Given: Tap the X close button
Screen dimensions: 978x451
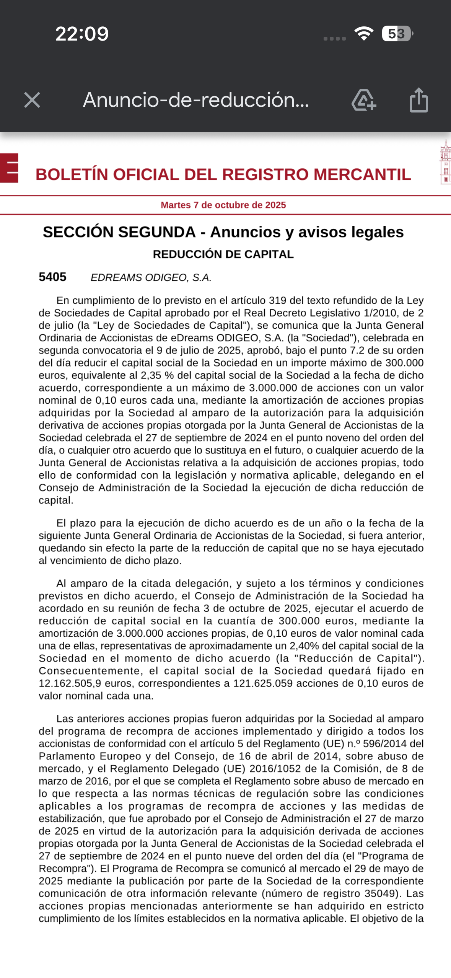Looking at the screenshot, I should pos(32,100).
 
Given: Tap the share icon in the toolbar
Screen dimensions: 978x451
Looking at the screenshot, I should pos(418,100).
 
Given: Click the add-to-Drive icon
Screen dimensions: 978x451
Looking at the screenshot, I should pos(363,100).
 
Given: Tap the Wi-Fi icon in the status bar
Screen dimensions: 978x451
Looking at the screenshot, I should pos(364,34).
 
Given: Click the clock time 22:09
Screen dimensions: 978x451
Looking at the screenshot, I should pos(82,34).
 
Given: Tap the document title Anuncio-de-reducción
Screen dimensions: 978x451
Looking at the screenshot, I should pos(196,100).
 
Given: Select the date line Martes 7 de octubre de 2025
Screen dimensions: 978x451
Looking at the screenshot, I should pos(223,205).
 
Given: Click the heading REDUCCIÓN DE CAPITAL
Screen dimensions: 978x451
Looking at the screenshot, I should pos(223,254).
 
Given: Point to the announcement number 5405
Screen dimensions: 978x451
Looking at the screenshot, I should pos(52,277).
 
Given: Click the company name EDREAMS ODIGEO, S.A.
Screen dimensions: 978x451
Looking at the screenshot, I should pos(151,278).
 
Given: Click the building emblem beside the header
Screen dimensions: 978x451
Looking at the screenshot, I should pos(445,162).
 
